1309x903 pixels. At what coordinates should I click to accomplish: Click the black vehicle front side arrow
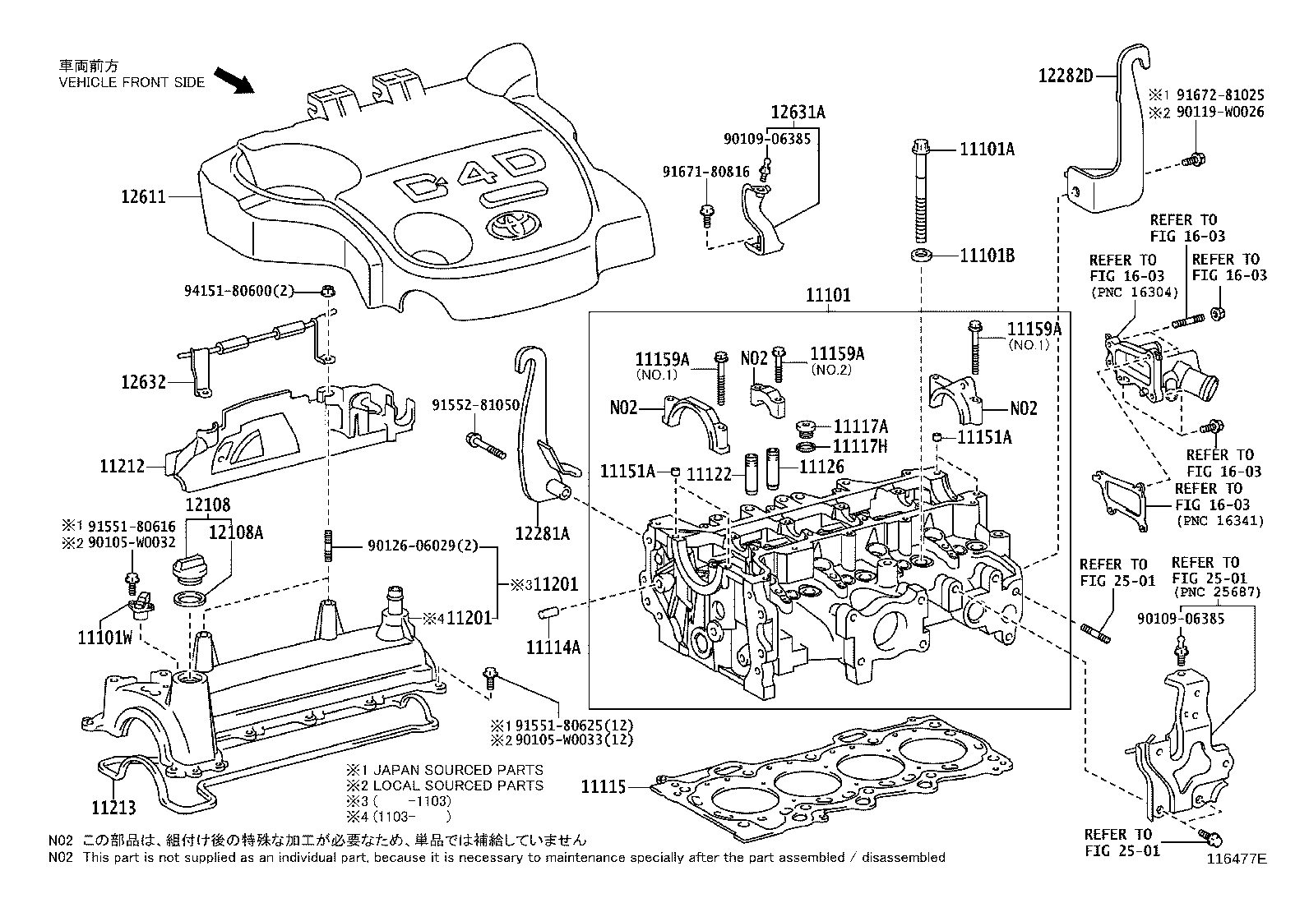coord(234,81)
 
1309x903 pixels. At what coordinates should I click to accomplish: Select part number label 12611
coord(143,197)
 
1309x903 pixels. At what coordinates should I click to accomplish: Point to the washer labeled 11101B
coord(921,256)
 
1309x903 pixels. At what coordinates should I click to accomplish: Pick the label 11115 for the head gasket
coord(603,787)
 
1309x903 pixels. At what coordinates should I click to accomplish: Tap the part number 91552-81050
coord(476,405)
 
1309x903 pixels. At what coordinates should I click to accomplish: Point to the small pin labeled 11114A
coord(549,614)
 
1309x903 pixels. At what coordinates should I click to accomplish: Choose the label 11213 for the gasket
coord(113,807)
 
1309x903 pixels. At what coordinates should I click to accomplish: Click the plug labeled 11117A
coord(807,429)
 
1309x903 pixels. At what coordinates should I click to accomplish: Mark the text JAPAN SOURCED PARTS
coord(458,770)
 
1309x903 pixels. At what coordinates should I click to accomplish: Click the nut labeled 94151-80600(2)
coord(328,290)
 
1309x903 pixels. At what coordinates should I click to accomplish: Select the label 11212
coord(123,466)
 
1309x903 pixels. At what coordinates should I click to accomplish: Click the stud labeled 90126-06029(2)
coord(328,545)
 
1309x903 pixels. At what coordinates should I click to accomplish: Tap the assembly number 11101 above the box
coord(828,295)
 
